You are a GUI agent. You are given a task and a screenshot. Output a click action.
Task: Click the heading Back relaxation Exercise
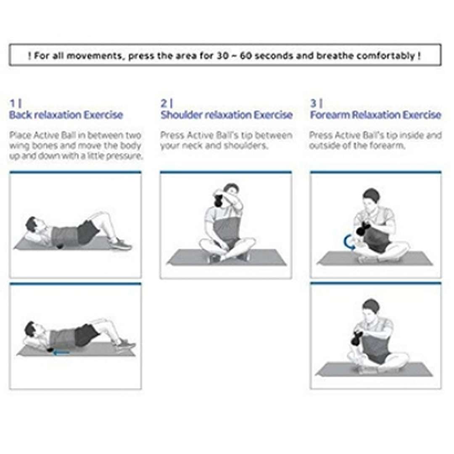[x=66, y=115]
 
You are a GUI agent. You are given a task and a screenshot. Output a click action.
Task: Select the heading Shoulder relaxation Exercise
[x=227, y=115]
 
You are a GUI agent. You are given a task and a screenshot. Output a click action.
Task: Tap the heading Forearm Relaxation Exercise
[x=375, y=115]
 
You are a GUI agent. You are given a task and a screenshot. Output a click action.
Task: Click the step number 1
[x=13, y=103]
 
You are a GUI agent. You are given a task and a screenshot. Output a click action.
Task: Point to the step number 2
[x=164, y=103]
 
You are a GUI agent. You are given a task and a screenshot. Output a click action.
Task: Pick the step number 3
[x=313, y=103]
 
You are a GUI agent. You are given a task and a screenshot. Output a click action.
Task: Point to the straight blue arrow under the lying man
[x=61, y=352]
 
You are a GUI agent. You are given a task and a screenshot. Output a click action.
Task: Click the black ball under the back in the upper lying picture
[x=61, y=247]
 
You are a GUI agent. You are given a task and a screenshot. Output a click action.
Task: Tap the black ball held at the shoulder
[x=218, y=201]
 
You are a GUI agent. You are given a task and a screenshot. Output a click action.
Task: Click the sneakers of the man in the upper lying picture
[x=120, y=244]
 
